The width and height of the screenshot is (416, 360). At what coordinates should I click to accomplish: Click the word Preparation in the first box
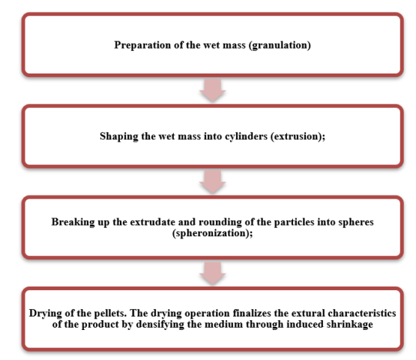point(142,45)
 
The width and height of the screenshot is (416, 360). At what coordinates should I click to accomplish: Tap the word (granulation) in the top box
point(280,45)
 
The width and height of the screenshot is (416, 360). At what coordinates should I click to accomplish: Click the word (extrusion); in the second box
point(298,136)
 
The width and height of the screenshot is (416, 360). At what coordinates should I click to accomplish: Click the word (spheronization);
point(213,233)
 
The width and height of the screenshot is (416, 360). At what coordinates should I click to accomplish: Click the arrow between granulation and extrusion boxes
point(213,90)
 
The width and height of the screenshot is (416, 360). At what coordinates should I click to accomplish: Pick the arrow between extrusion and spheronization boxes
point(213,181)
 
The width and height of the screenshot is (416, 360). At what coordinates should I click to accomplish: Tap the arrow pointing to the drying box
point(213,273)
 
